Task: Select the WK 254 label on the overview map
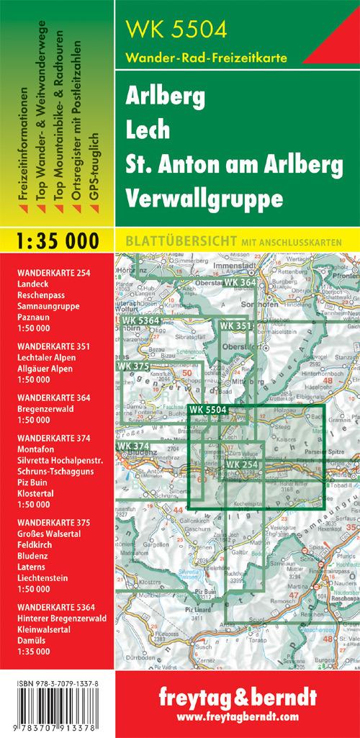[243, 464]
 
